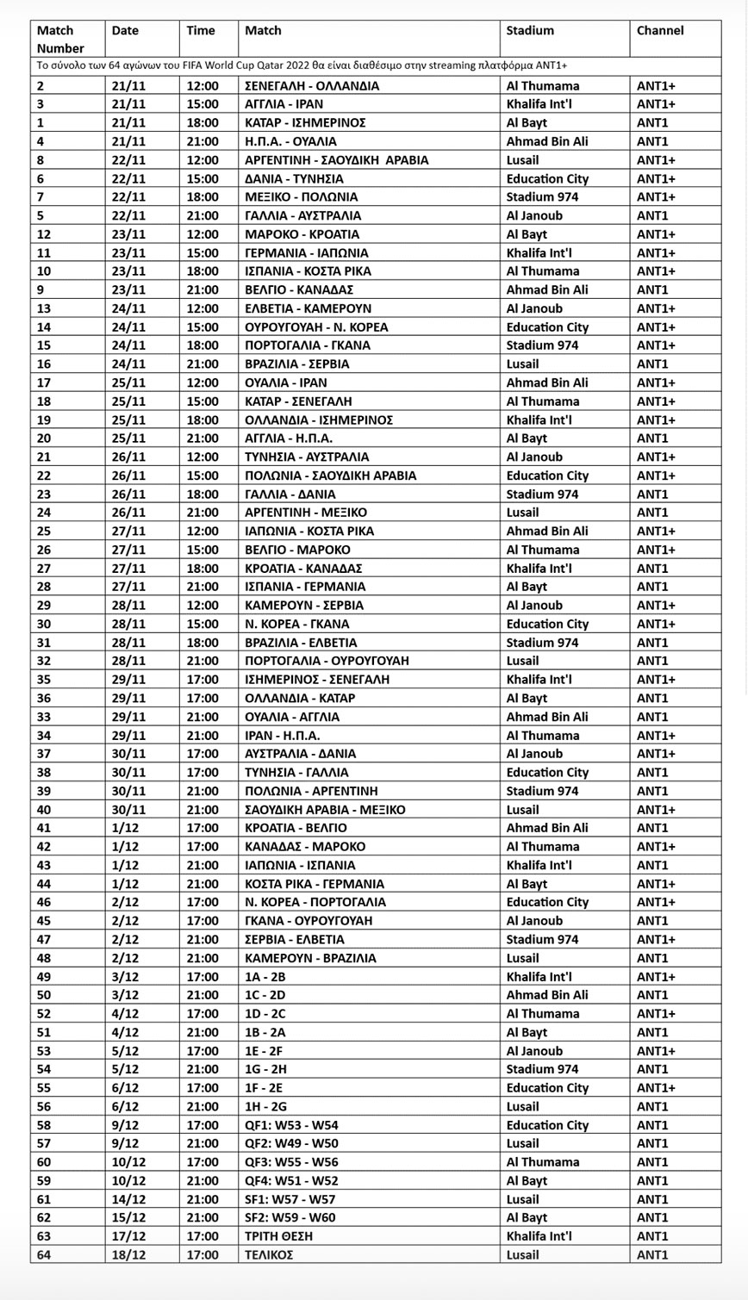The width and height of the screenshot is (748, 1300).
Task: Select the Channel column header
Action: (660, 31)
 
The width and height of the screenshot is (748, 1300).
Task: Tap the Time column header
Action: (201, 31)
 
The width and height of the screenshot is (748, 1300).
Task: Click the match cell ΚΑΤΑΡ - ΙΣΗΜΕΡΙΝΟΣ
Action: (306, 123)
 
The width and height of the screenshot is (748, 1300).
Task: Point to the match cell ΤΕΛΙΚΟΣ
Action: (269, 1254)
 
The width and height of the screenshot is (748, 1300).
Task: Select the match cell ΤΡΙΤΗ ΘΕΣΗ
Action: (278, 1236)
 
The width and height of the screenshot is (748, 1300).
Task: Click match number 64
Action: (44, 1254)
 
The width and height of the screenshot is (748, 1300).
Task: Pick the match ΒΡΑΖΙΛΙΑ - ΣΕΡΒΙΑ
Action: (297, 364)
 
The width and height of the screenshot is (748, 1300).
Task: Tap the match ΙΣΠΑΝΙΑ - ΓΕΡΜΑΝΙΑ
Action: (305, 587)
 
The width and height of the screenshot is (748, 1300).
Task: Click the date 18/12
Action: (129, 1254)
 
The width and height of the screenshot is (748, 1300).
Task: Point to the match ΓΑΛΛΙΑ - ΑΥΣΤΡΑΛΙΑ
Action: (302, 216)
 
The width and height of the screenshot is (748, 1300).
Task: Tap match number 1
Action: (41, 123)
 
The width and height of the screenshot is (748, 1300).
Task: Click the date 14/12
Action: (129, 1199)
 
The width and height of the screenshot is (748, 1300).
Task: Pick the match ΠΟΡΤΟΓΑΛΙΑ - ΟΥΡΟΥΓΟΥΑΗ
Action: (327, 661)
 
